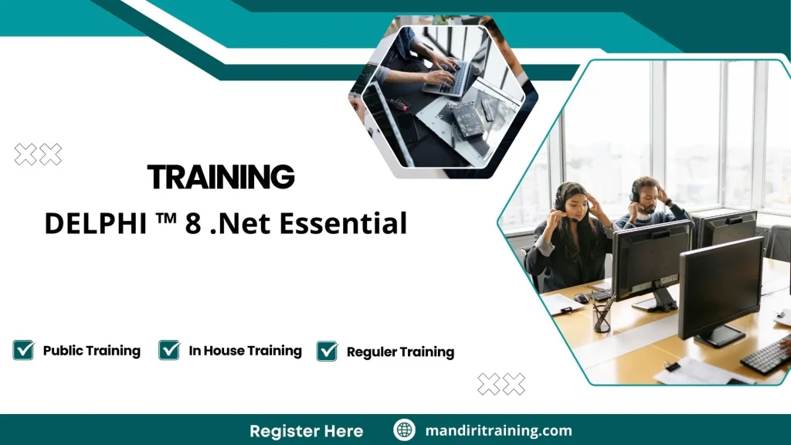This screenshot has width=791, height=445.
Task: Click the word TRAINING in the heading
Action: (221, 177)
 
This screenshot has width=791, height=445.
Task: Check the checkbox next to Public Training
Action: (23, 351)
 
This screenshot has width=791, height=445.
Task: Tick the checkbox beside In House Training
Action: (169, 351)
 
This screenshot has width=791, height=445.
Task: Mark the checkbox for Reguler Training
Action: (327, 352)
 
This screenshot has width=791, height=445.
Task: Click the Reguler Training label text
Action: (400, 352)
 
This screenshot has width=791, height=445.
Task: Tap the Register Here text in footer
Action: (306, 430)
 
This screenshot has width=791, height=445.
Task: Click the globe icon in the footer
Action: (404, 430)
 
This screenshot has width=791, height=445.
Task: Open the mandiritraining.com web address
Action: (498, 430)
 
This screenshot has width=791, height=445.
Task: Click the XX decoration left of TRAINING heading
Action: (38, 155)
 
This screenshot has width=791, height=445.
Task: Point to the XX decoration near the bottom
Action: (501, 384)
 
